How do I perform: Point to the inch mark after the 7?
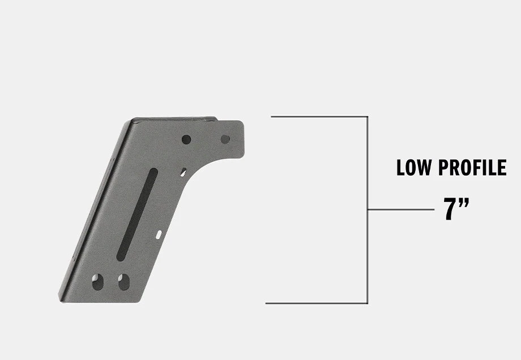click(464, 203)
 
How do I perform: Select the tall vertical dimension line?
click(368, 255)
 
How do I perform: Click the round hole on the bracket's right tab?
click(225, 139)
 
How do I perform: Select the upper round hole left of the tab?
click(186, 139)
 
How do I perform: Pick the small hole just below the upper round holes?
click(183, 171)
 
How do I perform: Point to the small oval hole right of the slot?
click(159, 234)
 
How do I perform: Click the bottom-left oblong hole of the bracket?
click(98, 281)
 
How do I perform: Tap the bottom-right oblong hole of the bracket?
click(123, 281)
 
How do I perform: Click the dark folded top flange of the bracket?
click(173, 119)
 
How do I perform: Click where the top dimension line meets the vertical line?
click(368, 117)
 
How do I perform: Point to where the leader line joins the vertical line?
click(368, 209)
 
